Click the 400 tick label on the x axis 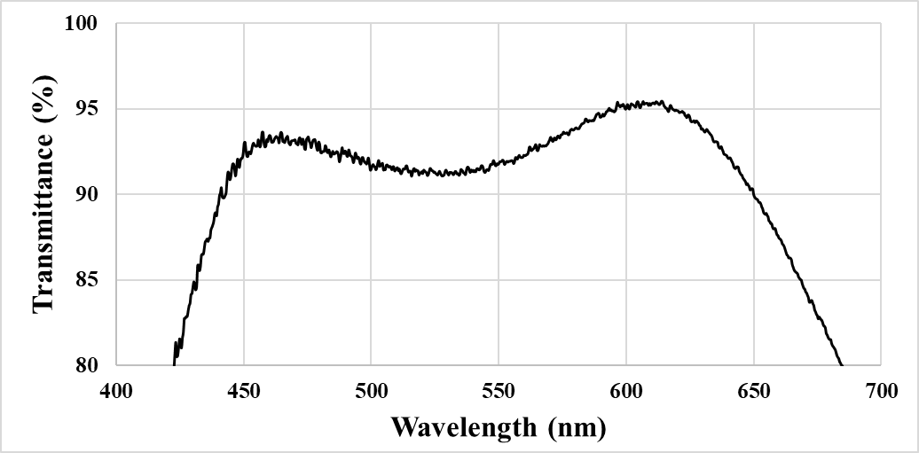[116, 391]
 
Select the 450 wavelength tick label [244, 391]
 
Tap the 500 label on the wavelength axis [371, 391]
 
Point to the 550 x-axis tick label [499, 391]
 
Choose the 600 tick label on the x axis [626, 391]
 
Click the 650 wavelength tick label [753, 391]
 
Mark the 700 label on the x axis [881, 391]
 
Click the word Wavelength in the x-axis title [463, 427]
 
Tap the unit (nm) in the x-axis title [577, 427]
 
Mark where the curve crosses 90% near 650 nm [753, 194]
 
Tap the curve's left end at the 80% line [174, 363]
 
